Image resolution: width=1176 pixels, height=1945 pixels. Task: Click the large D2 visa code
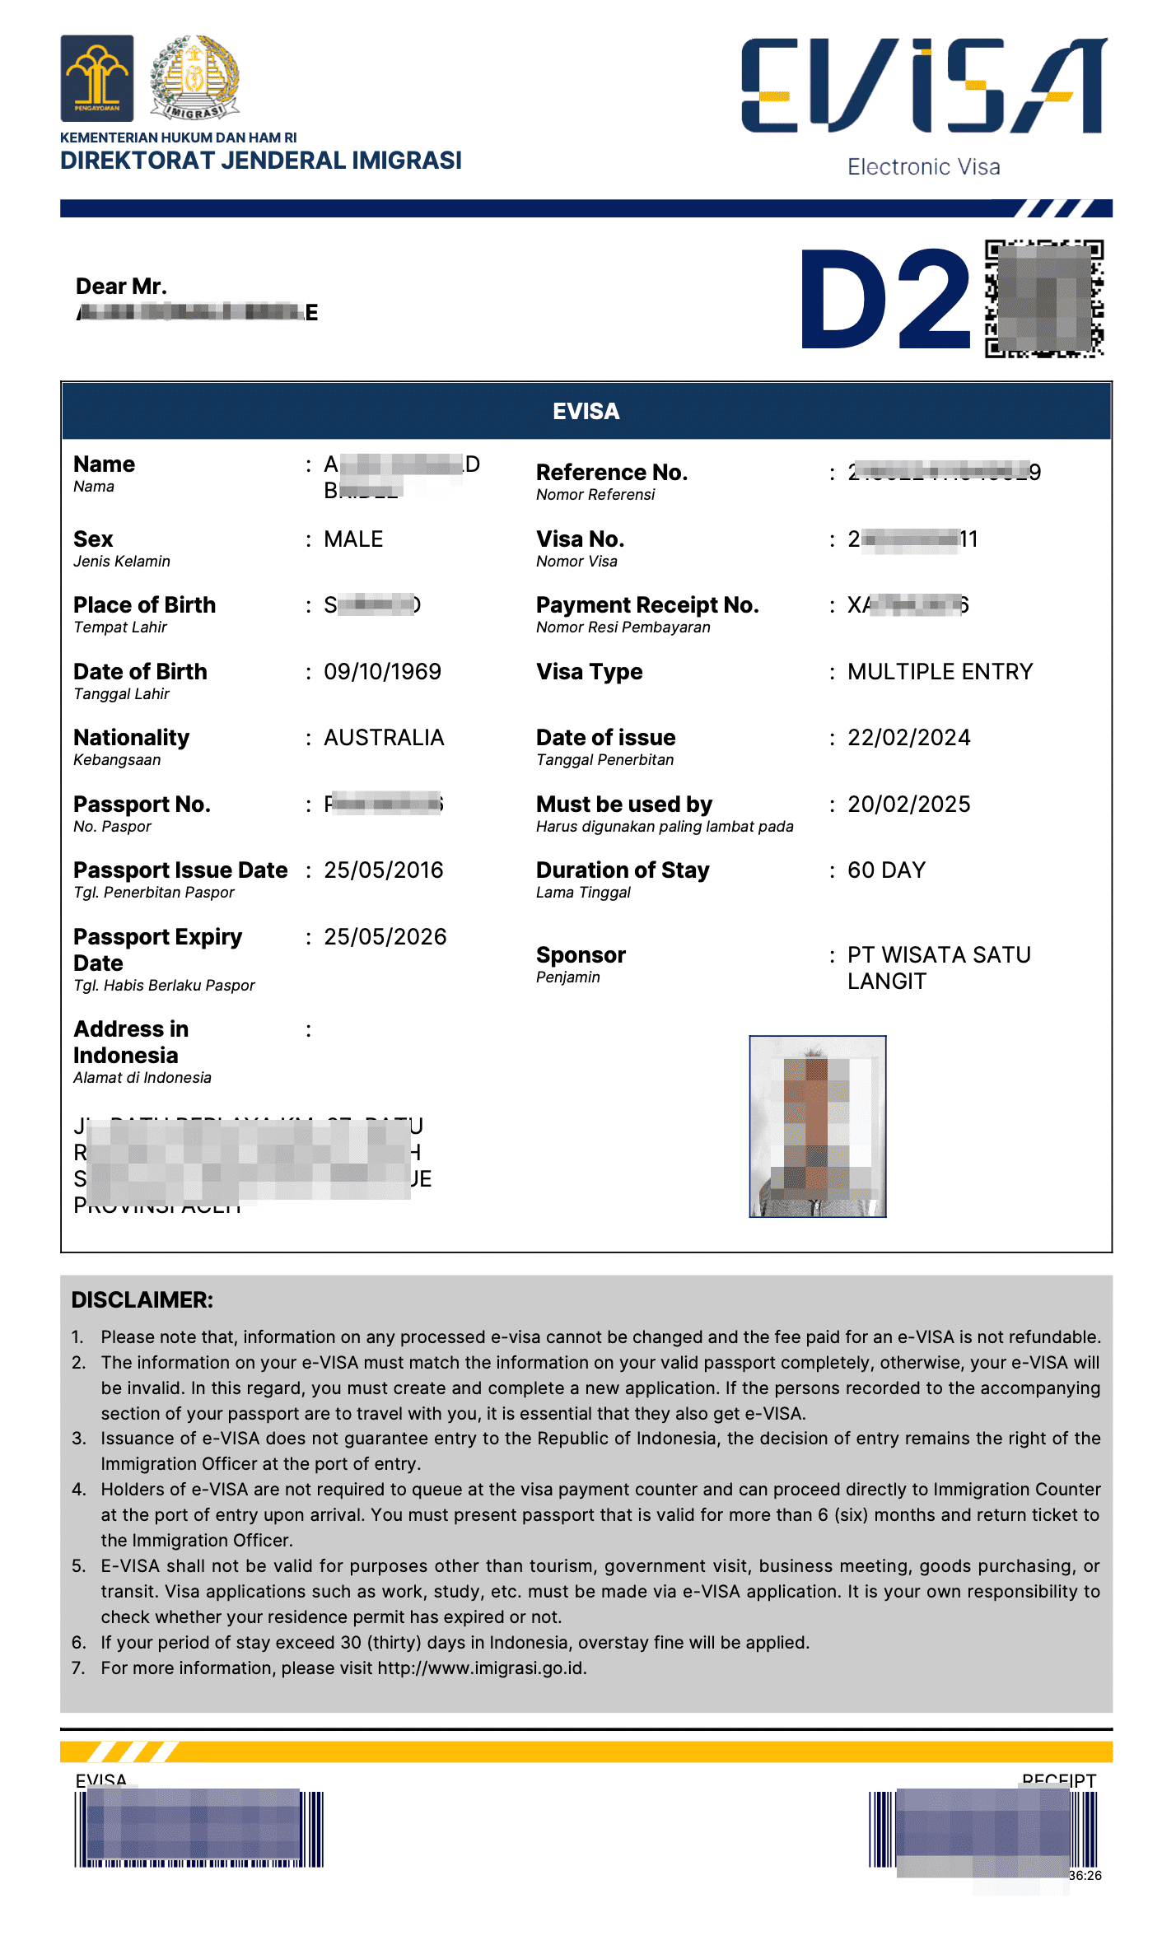coord(886,300)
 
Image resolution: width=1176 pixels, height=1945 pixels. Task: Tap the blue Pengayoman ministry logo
coord(96,78)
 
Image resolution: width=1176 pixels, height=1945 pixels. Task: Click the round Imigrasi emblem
coord(194,77)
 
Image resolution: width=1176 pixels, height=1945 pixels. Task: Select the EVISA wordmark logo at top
coord(924,86)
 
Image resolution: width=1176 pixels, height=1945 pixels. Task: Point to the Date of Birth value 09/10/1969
coord(382,672)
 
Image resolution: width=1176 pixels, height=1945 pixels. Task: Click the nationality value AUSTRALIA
coord(384,738)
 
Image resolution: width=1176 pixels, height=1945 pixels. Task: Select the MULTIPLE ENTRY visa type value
coord(940,672)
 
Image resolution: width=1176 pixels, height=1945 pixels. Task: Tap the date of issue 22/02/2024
coord(909,738)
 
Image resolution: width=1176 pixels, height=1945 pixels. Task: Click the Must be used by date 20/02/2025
coord(909,805)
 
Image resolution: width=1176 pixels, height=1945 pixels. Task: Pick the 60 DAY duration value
coord(887,870)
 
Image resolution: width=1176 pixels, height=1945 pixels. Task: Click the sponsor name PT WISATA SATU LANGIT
coord(939,968)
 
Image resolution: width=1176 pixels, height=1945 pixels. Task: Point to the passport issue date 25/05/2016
coord(384,870)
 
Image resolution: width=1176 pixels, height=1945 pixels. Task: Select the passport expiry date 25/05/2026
coord(385,937)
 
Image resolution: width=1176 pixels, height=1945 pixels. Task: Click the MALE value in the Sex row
coord(353,539)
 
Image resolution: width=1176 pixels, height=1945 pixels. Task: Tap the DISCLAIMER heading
coord(142,1300)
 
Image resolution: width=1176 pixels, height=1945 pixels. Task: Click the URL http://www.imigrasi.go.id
coord(482,1668)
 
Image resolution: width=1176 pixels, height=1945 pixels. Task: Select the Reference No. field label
coord(612,473)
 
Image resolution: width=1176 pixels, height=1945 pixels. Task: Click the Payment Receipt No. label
coord(647,605)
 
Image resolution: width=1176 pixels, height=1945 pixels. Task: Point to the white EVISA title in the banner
coord(586,412)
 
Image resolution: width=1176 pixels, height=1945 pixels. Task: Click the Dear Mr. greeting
coord(121,287)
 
